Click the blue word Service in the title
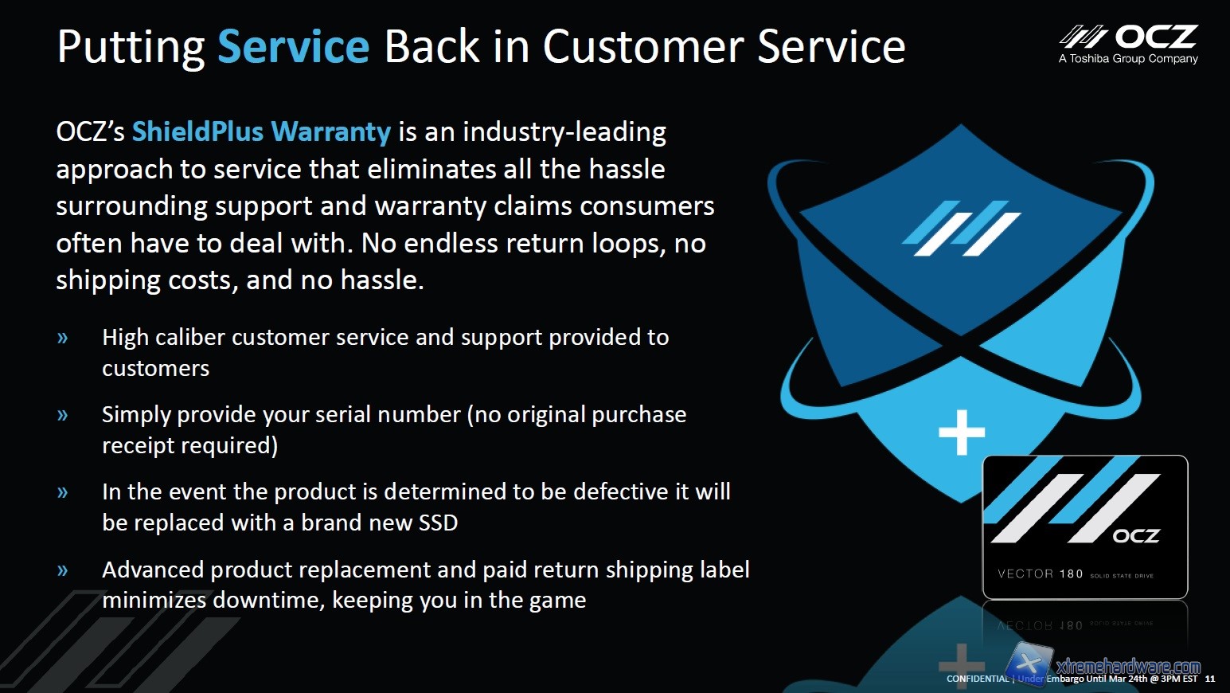click(294, 46)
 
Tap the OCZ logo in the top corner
click(1128, 37)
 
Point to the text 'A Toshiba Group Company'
click(1128, 59)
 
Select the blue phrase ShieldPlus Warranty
click(261, 132)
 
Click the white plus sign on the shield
click(962, 433)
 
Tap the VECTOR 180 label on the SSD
click(1040, 574)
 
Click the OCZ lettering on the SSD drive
click(1136, 536)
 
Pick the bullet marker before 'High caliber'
click(63, 338)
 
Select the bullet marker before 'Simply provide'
click(63, 415)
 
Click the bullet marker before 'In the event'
click(63, 491)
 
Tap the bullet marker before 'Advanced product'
click(63, 570)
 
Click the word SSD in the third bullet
click(438, 523)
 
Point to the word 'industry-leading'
click(564, 133)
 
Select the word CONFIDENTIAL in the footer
click(978, 679)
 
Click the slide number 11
click(1209, 679)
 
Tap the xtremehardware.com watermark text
click(1128, 666)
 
